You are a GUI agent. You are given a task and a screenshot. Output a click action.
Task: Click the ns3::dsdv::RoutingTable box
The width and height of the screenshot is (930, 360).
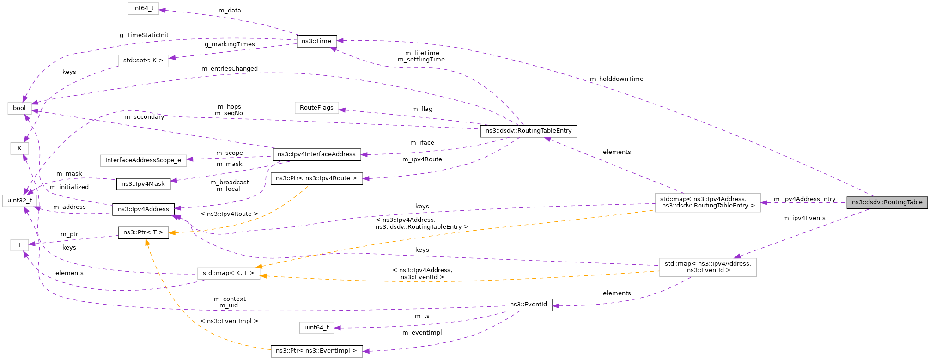(887, 202)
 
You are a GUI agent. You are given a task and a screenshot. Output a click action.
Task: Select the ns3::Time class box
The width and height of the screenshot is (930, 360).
(316, 41)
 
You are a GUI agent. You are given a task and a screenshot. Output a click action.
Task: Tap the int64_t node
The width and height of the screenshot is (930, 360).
(143, 9)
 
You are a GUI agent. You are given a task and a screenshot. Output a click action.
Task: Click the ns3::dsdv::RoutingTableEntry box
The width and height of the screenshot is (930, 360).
(529, 131)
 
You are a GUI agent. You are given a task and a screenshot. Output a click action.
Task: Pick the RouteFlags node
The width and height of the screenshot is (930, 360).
(316, 108)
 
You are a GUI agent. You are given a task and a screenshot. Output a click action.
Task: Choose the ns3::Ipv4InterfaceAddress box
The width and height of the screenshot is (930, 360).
(316, 154)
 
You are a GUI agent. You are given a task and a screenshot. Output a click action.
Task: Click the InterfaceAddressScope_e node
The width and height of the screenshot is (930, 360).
(143, 160)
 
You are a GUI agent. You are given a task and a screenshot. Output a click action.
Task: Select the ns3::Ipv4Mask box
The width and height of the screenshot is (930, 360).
(143, 184)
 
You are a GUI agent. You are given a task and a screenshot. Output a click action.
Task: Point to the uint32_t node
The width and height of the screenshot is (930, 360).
(19, 201)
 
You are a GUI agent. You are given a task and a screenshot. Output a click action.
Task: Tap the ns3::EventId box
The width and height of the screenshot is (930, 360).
(529, 305)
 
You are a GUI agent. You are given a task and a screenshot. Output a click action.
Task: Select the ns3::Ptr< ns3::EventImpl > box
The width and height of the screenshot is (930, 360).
(316, 351)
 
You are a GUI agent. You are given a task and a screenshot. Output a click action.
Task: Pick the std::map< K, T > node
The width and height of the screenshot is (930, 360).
(228, 273)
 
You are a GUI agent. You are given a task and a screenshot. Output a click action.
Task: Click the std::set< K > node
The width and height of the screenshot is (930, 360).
(143, 61)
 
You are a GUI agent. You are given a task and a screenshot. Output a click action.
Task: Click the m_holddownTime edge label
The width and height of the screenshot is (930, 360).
(616, 79)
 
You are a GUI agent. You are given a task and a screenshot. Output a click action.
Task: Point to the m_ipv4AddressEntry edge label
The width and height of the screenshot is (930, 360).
(804, 199)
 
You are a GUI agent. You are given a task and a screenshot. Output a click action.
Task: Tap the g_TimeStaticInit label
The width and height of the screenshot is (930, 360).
(144, 35)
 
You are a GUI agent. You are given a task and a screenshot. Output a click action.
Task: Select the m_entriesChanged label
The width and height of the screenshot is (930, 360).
(229, 69)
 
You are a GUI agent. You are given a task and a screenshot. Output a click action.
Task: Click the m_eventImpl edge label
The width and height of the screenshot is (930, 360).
(422, 333)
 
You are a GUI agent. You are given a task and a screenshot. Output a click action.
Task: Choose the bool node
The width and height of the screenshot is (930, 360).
(19, 108)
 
